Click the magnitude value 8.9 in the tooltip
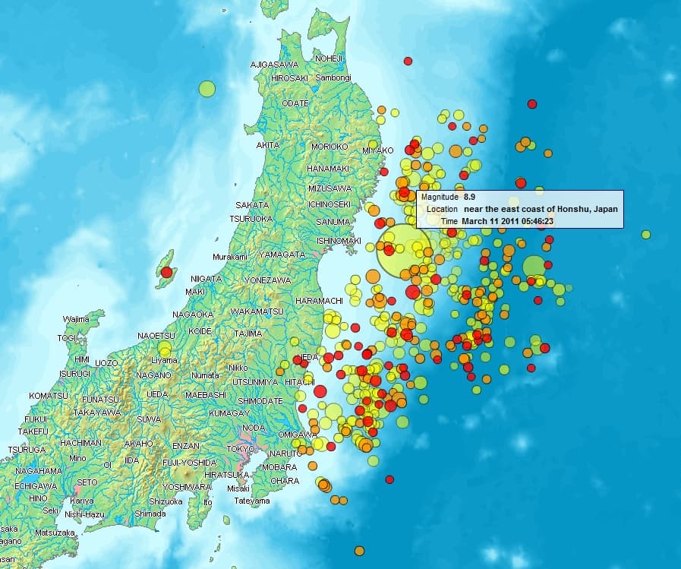click(x=471, y=197)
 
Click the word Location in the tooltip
click(x=442, y=209)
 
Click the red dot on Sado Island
click(x=166, y=272)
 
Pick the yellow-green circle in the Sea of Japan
click(x=207, y=89)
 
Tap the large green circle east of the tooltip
click(x=534, y=267)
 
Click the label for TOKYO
click(x=241, y=449)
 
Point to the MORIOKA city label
click(x=329, y=146)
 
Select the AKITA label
click(x=267, y=145)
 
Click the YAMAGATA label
click(x=282, y=254)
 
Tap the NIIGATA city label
click(x=206, y=279)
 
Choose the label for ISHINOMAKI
click(x=338, y=240)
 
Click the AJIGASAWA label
click(x=274, y=65)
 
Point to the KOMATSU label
click(x=49, y=396)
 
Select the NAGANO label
click(x=153, y=375)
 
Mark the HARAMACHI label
click(x=319, y=301)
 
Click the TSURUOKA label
click(x=251, y=219)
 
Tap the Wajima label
click(x=76, y=319)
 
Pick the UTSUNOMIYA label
click(x=257, y=381)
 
